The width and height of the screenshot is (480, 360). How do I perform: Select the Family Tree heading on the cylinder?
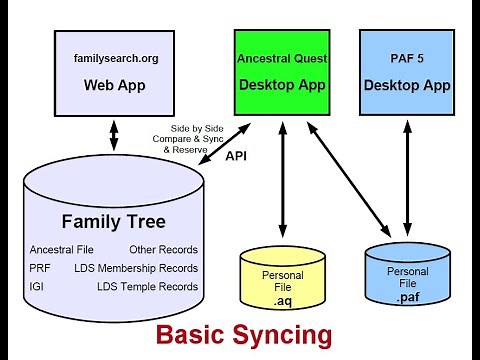tap(113, 221)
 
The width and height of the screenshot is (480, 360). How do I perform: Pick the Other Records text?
tap(163, 249)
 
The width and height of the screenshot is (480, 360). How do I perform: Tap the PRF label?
tap(39, 268)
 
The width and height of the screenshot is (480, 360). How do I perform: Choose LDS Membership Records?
tap(136, 268)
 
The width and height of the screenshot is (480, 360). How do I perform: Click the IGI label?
tap(37, 287)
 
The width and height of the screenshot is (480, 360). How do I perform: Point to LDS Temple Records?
tap(147, 287)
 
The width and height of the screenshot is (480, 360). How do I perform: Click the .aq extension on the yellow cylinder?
tap(282, 299)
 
